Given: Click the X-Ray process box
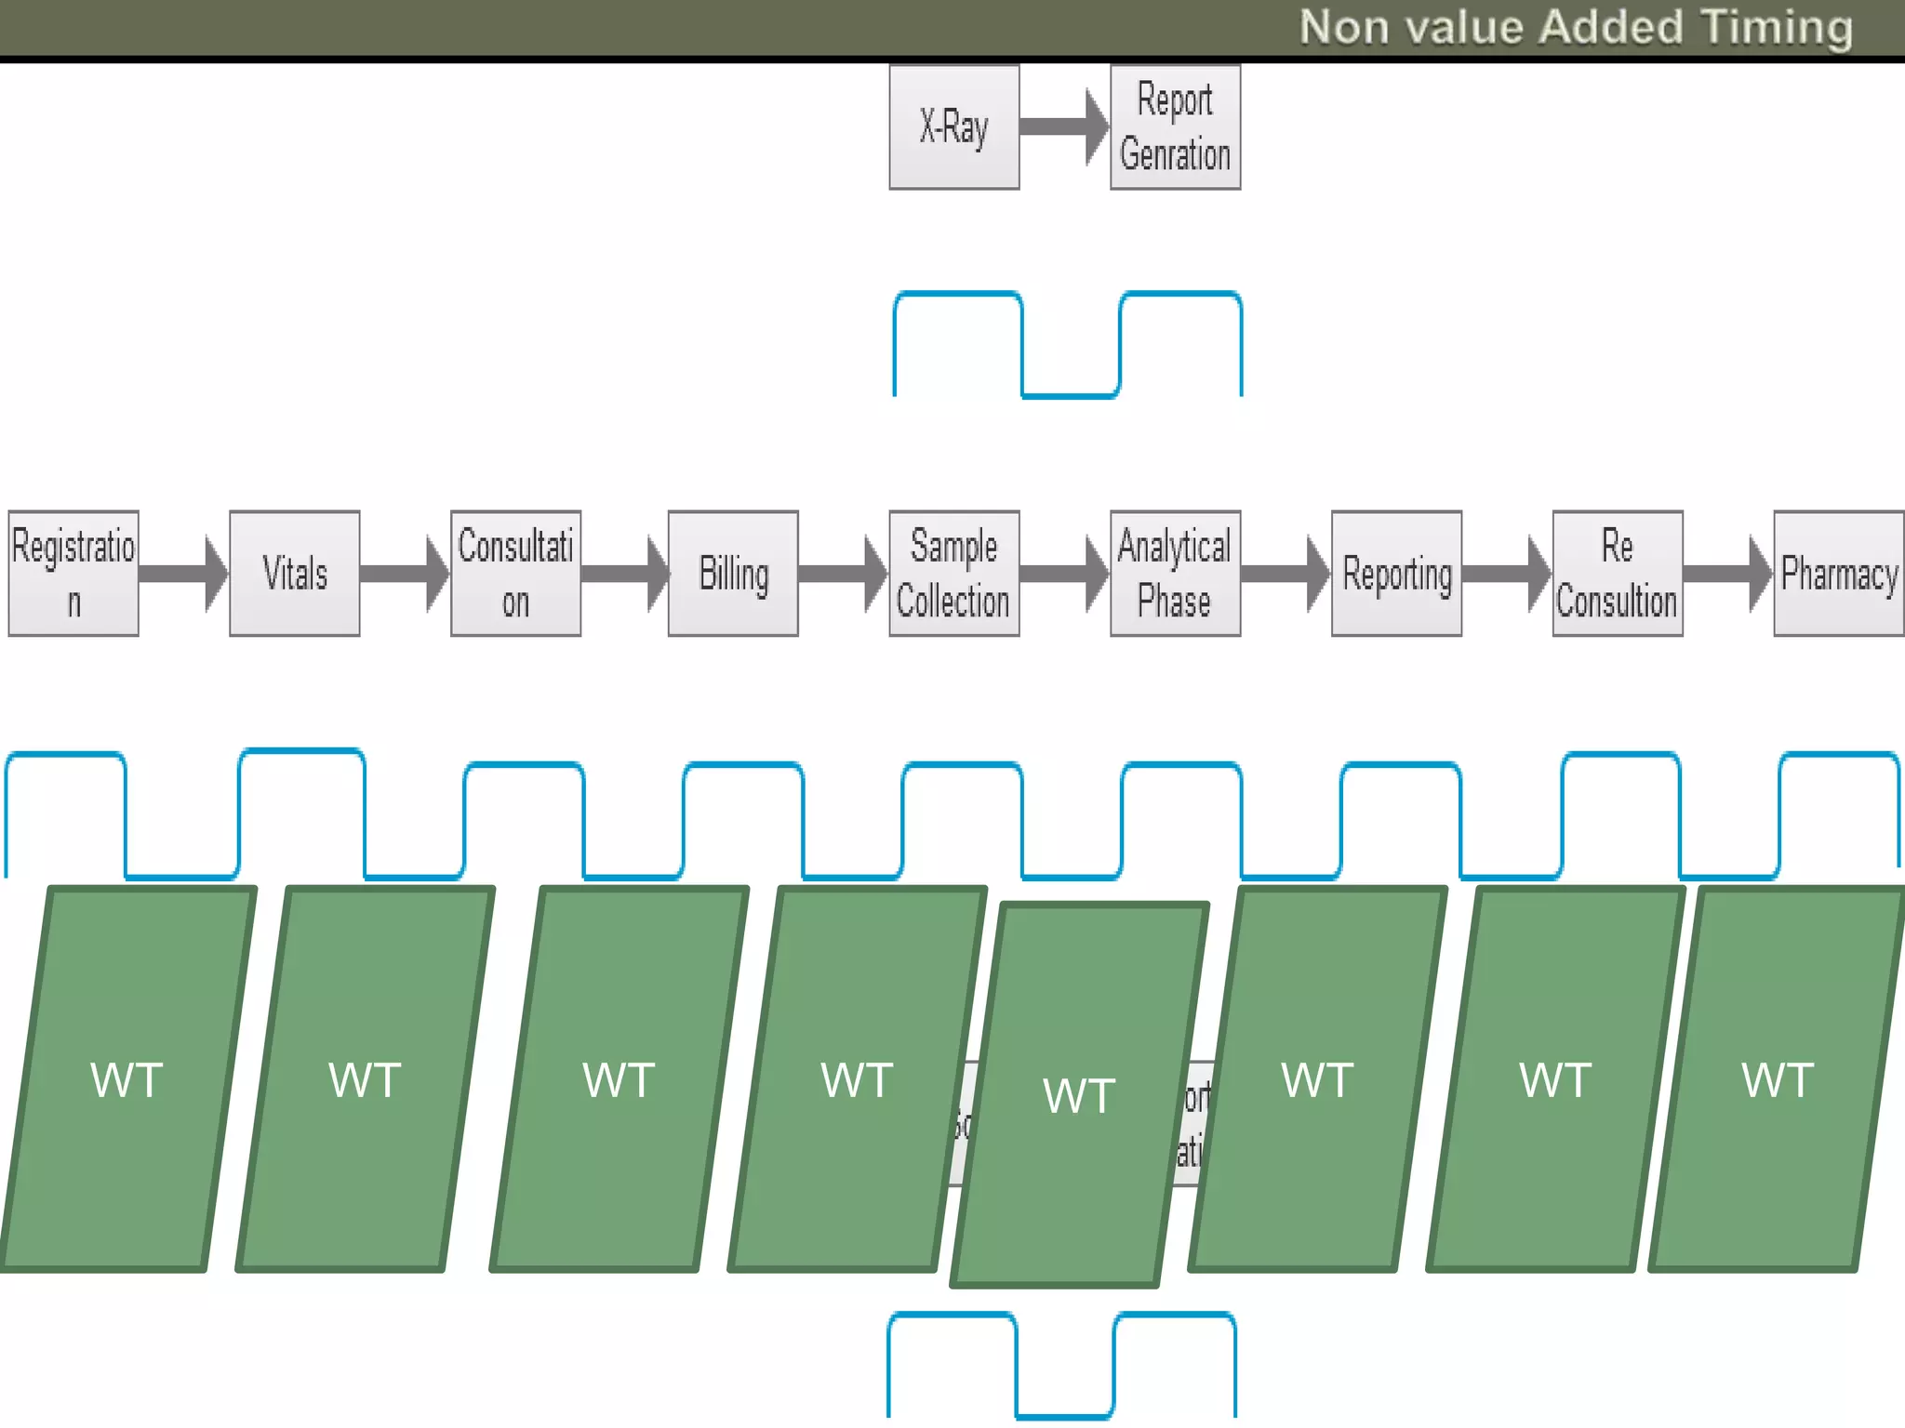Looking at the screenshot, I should click(x=953, y=127).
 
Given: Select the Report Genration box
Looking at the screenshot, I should click(x=1175, y=127).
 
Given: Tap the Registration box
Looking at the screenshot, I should click(x=73, y=574).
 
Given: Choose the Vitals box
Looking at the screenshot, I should click(x=295, y=574).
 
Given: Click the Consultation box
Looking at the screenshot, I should click(x=515, y=574).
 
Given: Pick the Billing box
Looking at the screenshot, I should click(x=733, y=574).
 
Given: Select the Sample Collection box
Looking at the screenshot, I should click(x=953, y=574).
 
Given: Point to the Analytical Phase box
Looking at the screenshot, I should click(x=1175, y=574).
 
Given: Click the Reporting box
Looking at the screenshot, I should click(x=1396, y=574).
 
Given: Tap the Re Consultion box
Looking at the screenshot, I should click(x=1618, y=574).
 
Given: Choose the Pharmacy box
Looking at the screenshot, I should click(x=1838, y=574).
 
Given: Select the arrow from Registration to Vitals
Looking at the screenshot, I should click(x=183, y=574).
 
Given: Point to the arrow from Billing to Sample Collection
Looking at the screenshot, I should click(x=843, y=574).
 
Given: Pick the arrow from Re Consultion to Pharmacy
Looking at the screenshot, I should click(x=1727, y=574).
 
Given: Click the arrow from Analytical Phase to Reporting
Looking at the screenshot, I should click(x=1286, y=574).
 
